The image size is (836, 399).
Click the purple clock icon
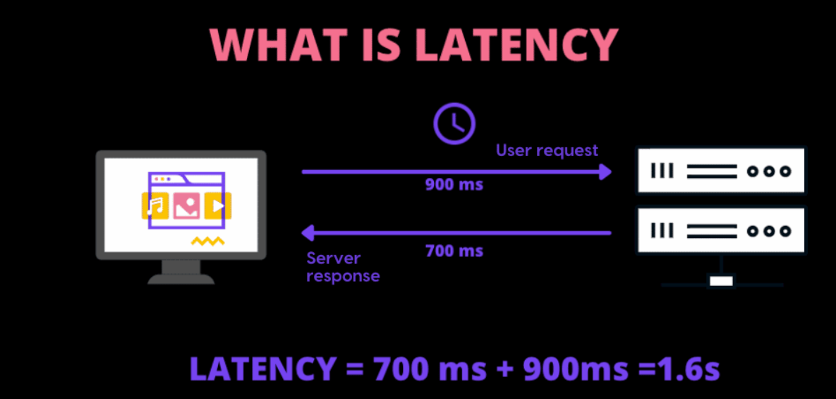[454, 124]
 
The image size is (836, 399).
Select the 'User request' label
[547, 151]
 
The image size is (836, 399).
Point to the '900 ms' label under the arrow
[454, 185]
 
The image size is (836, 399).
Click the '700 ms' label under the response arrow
[454, 250]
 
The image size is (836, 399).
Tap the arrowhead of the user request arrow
[605, 172]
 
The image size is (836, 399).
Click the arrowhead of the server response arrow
[308, 233]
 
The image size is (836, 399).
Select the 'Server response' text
[343, 267]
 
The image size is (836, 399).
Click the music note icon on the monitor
[155, 206]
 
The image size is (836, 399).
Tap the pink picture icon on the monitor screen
[186, 206]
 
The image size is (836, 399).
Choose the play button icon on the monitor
[218, 206]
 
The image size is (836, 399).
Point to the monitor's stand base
[181, 279]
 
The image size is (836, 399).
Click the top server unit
[722, 171]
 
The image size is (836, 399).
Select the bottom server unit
[722, 230]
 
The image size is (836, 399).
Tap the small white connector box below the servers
[722, 280]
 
